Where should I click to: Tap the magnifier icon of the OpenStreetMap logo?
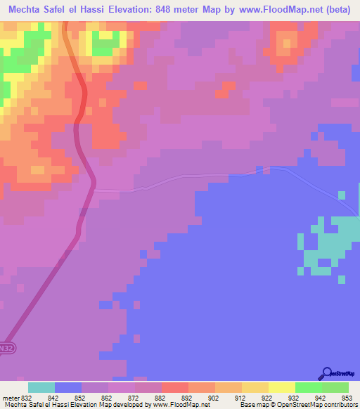[326, 372]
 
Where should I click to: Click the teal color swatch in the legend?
[41, 387]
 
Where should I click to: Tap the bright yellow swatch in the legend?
[282, 387]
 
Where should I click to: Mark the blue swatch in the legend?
[68, 387]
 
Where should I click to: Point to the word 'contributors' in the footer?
[339, 404]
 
